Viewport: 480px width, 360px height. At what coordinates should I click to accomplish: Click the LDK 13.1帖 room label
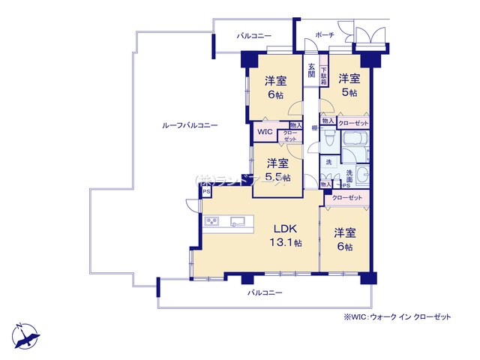coord(286,235)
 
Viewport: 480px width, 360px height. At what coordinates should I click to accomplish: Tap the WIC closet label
coord(265,133)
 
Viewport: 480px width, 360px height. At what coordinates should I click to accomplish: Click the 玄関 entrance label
coord(312,68)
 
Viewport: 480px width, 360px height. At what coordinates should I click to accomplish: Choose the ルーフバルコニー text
coord(190,126)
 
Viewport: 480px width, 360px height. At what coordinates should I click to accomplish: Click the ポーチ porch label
coord(325,35)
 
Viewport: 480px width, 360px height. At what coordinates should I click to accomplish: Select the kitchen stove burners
coord(211,221)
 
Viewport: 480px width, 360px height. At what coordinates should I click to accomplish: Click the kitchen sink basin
coord(238,221)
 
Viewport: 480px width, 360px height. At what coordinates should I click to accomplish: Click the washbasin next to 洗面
coord(361,175)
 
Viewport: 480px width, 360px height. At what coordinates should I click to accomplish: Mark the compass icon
coord(24,333)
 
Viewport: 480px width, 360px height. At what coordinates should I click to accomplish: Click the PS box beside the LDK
coord(205,192)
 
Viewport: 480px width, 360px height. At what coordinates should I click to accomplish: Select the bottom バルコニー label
coord(265,292)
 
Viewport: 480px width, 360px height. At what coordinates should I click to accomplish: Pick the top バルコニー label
coord(253,36)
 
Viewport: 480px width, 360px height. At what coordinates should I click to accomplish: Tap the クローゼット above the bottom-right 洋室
coord(346,197)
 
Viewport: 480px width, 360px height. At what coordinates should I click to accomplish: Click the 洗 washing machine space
coord(328,163)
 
